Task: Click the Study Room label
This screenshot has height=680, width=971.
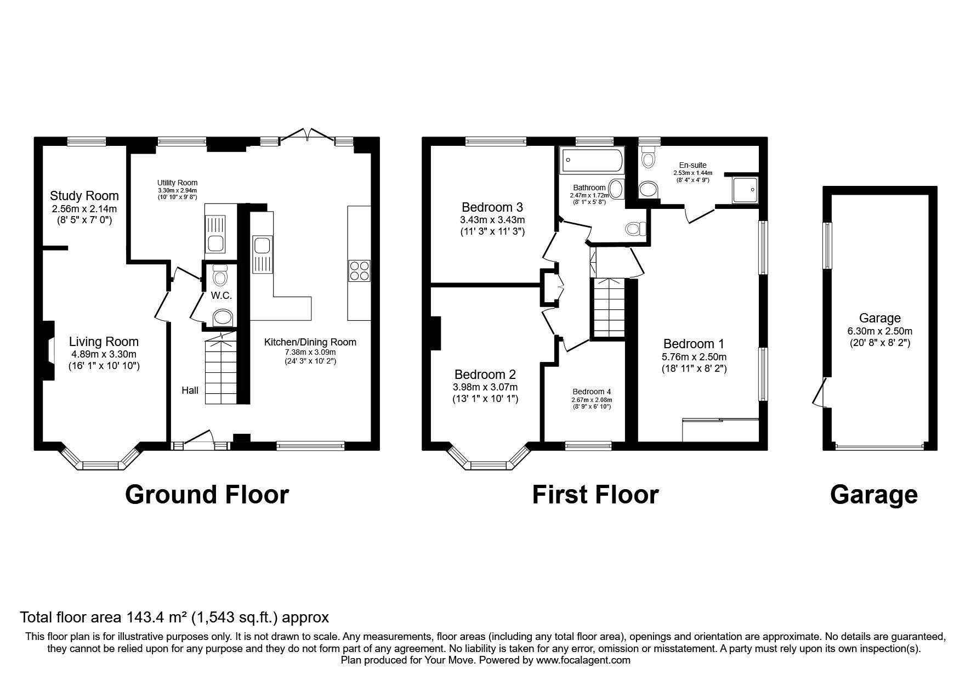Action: [x=84, y=196]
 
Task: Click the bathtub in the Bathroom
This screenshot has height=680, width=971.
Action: [x=591, y=160]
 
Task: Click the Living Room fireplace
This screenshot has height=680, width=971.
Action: [x=49, y=350]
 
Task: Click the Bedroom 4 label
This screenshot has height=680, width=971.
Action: [x=592, y=392]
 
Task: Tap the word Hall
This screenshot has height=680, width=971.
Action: [x=190, y=390]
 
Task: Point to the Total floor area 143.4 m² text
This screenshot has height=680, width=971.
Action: [x=174, y=617]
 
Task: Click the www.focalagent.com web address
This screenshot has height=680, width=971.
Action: [x=583, y=660]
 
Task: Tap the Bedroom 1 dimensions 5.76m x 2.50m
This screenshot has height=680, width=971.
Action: [x=694, y=356]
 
